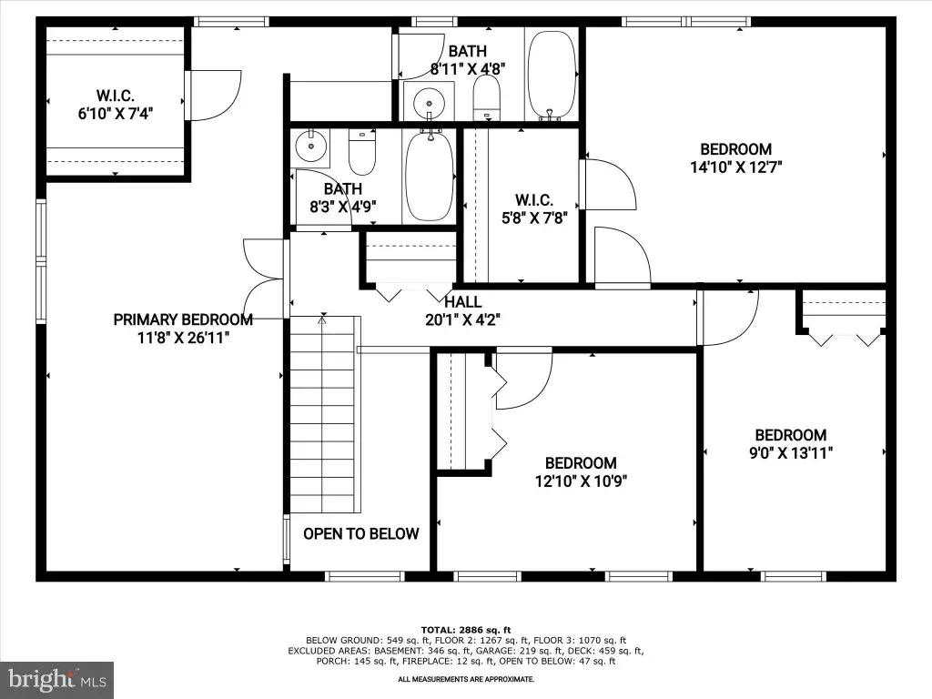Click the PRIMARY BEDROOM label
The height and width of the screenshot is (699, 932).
pos(183,319)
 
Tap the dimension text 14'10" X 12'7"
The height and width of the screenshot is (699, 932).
pos(735,167)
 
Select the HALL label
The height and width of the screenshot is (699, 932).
pos(463,302)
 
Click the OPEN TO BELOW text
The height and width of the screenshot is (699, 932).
pos(360,533)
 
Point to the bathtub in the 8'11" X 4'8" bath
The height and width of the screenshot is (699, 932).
pos(552,75)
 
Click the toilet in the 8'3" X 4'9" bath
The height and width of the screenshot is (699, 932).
pos(362,152)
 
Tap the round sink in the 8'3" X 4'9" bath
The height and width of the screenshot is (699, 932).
pos(311,147)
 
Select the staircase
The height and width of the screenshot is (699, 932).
pos(325,414)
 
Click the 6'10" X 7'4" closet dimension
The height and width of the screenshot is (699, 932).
pos(116,113)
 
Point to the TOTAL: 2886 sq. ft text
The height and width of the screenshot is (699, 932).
pos(466,630)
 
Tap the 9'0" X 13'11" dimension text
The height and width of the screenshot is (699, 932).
pos(791,453)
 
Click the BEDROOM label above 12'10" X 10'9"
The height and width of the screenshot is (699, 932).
pos(581,463)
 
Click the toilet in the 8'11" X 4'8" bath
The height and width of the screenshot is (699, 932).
pos(487,97)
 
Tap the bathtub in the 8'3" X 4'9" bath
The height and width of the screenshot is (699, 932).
pos(429,176)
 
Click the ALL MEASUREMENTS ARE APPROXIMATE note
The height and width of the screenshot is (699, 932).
pos(466,679)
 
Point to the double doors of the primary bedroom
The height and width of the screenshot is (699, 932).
pos(263,279)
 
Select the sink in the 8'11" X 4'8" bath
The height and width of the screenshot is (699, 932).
pos(429,100)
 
